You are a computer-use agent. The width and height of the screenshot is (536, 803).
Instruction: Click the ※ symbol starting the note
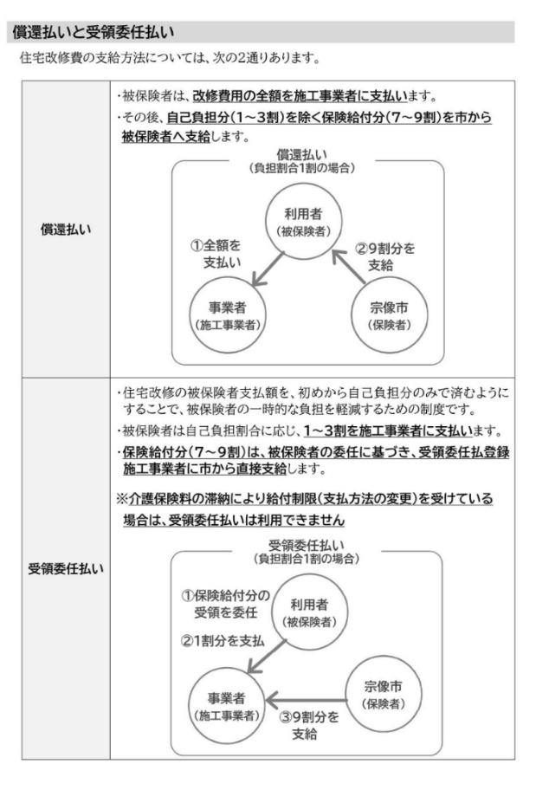(x=121, y=499)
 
